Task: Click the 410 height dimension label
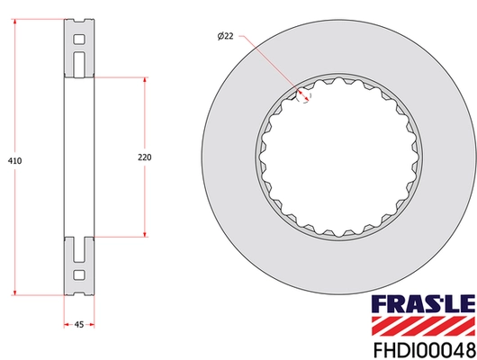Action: tap(13, 160)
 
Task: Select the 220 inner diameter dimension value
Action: tap(144, 157)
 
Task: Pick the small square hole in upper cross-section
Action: tap(79, 40)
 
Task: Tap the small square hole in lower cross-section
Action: tap(79, 274)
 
